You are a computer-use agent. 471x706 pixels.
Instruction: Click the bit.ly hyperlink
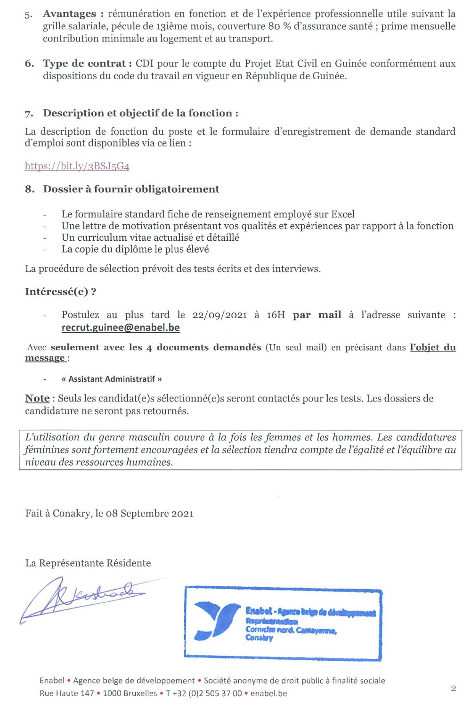point(77,166)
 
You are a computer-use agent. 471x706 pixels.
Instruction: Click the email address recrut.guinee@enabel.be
point(121,328)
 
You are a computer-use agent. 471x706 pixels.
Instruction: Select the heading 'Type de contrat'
point(84,64)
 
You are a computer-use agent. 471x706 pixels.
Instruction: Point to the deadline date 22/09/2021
point(219,315)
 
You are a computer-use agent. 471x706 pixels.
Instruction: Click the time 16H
point(276,315)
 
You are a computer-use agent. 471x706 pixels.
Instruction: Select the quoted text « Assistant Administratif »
point(112,379)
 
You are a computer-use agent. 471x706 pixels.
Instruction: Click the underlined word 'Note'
point(37,398)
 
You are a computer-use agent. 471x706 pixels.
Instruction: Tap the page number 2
point(453,688)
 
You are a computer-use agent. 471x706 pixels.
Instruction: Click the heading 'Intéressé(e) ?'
point(61,292)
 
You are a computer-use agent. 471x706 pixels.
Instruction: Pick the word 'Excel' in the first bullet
point(342,214)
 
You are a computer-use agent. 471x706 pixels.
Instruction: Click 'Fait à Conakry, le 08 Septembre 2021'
point(109,513)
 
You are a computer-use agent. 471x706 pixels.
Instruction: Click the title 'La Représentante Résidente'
point(88,563)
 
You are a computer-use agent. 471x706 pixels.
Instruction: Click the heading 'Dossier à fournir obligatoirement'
point(131,189)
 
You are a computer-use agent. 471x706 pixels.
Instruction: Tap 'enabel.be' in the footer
point(268,693)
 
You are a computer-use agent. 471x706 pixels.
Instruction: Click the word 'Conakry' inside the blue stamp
point(259,638)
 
